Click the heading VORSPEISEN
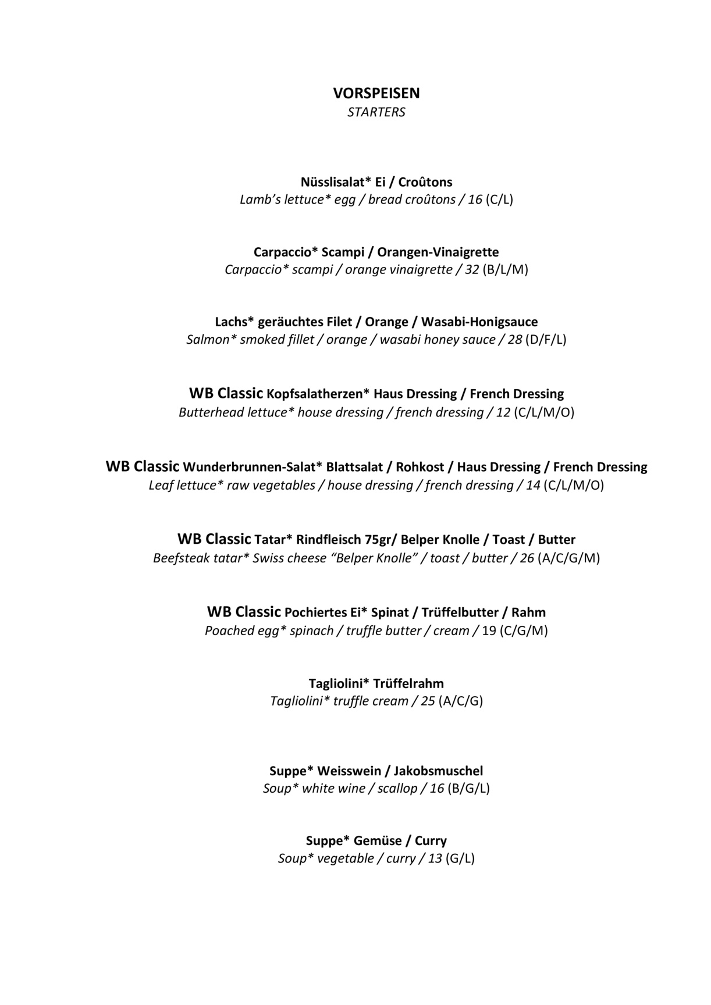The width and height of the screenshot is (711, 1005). [376, 93]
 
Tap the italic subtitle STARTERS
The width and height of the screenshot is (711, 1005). [376, 112]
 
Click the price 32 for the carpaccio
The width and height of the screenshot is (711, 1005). [472, 270]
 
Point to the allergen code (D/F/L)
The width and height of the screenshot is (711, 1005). [545, 340]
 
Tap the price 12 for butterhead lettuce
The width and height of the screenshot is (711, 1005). [503, 413]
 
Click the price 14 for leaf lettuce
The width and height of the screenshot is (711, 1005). [533, 486]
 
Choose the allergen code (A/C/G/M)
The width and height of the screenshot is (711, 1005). [568, 558]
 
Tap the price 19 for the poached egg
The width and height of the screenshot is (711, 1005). [489, 631]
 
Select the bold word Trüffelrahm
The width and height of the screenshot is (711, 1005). [408, 683]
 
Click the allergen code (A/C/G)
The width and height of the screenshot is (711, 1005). [461, 701]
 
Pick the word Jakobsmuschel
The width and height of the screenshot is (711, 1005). [438, 771]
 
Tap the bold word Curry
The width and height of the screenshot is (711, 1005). [431, 841]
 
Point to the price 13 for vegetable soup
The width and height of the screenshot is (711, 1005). [435, 859]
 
